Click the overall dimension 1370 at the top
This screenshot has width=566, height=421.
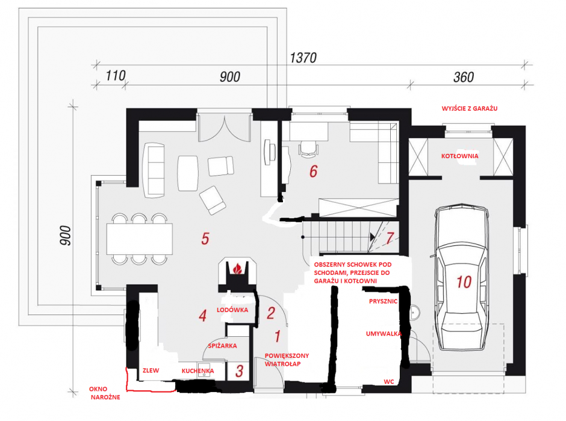[x=303, y=58]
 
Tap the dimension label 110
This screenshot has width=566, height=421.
[x=116, y=76]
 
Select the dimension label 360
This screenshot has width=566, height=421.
[x=464, y=77]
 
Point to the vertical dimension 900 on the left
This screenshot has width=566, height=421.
[x=66, y=235]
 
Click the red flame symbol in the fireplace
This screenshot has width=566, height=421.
[x=237, y=268]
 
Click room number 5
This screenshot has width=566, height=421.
[x=205, y=239]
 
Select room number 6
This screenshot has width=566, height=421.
[x=313, y=171]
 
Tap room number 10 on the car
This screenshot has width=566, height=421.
[x=464, y=282]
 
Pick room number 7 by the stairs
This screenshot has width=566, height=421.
[x=390, y=238]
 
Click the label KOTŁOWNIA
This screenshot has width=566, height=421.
[x=459, y=156]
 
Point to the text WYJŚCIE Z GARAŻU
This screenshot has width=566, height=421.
[x=470, y=108]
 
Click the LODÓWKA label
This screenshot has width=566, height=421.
[x=232, y=310]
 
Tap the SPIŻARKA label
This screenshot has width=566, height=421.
[x=222, y=346]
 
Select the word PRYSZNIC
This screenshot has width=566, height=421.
[x=383, y=301]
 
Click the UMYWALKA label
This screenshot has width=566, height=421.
[x=384, y=334]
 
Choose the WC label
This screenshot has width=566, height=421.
[x=389, y=382]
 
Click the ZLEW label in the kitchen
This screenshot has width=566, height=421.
[x=151, y=370]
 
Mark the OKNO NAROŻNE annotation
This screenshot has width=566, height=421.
[x=105, y=393]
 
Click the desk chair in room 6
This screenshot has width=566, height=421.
[x=309, y=149]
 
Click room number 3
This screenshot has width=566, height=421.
[x=239, y=371]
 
